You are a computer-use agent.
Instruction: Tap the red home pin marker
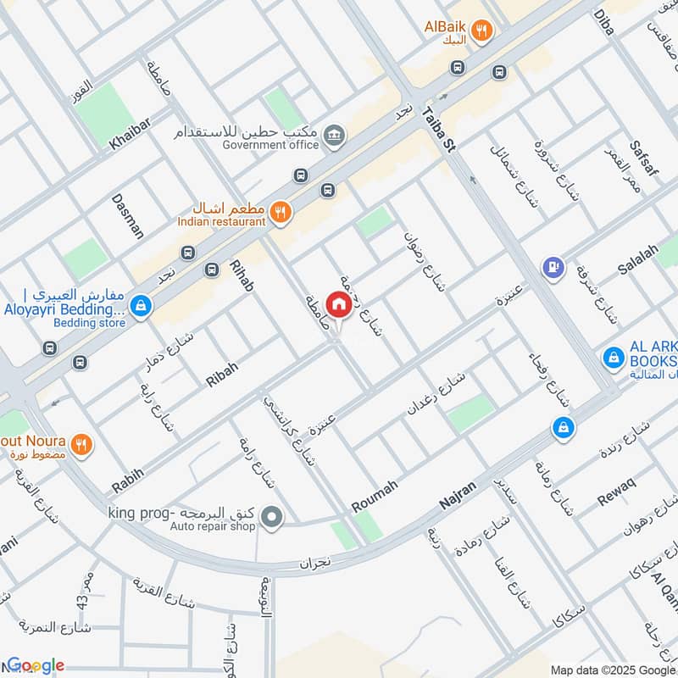point(339,304)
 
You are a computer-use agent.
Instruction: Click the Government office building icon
point(336,134)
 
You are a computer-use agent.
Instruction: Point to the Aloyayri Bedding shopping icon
point(142,305)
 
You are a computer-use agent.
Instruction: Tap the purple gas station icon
point(554,267)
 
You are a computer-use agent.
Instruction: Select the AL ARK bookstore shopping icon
point(610,358)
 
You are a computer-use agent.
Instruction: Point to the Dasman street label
point(128,215)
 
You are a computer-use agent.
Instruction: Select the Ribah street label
point(222,374)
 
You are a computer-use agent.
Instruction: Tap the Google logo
point(36,666)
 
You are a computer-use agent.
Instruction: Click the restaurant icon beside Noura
point(81,442)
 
